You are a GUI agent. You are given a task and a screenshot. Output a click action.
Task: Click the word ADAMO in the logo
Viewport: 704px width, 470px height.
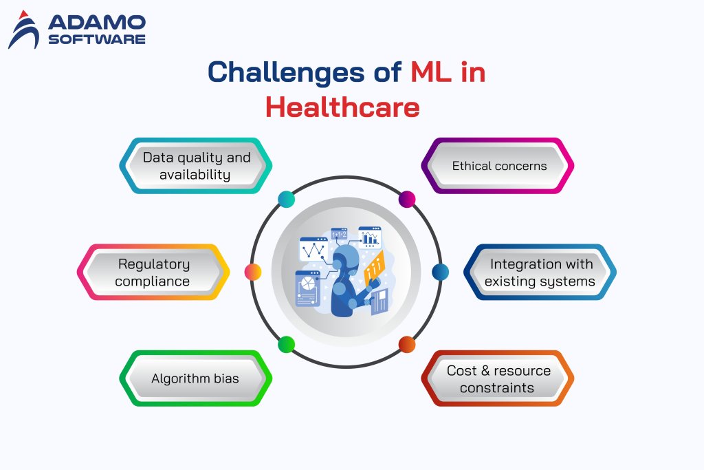[x=97, y=23]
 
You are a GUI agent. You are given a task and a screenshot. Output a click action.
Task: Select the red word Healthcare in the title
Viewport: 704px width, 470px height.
[x=342, y=107]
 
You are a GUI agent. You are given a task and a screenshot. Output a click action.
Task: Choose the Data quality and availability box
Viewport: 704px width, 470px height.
[x=195, y=166]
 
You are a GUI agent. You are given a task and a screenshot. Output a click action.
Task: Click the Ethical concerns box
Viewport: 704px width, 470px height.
[x=498, y=166]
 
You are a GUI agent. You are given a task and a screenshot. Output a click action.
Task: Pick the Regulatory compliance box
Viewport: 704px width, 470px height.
[x=153, y=272]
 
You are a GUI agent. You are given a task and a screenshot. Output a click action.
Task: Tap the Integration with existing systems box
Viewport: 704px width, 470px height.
[x=540, y=272]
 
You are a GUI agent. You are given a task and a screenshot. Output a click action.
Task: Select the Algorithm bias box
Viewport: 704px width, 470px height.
[x=195, y=378]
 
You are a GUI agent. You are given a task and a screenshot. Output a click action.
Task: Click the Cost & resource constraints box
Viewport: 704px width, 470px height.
[x=498, y=378]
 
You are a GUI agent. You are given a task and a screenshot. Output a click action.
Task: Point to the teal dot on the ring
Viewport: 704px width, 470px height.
[x=286, y=200]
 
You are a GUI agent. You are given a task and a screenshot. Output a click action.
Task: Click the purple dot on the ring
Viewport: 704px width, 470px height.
[x=407, y=200]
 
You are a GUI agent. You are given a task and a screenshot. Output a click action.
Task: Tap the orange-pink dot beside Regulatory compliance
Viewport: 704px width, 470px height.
[x=253, y=272]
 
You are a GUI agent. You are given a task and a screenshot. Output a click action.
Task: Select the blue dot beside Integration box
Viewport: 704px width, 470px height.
[x=440, y=272]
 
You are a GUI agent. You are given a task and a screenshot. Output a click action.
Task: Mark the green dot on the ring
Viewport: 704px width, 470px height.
[x=286, y=344]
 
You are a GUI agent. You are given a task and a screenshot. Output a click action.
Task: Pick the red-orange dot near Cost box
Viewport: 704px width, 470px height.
[x=407, y=344]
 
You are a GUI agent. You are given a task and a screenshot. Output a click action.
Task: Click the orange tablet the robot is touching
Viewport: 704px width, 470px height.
[x=375, y=265]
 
